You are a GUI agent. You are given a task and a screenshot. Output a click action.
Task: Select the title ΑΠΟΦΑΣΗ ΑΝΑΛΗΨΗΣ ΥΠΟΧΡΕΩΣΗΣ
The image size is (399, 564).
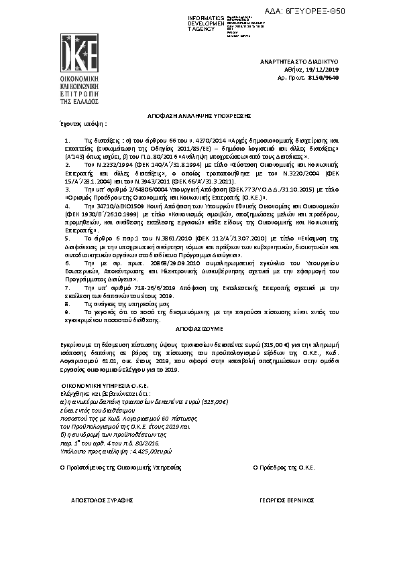(x=199, y=115)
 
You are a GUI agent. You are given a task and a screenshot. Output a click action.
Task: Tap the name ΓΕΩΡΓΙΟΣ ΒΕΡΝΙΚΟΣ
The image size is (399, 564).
(x=286, y=500)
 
